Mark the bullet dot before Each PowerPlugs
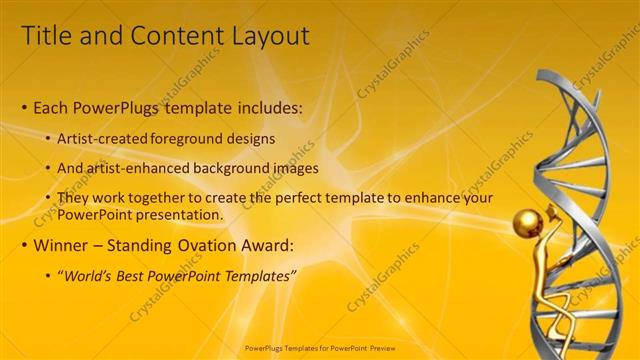point(24,108)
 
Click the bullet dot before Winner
point(24,246)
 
